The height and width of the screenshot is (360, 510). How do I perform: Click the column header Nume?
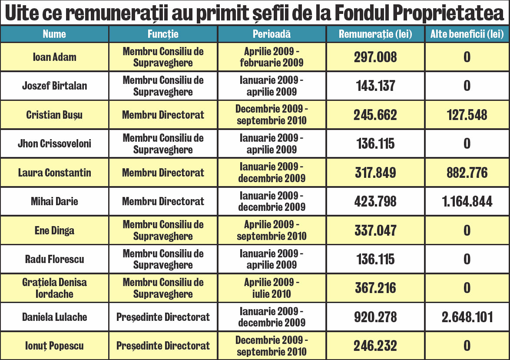pos(54,34)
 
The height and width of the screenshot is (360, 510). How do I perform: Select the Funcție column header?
pos(163,34)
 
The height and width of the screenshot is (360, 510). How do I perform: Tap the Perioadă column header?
pos(272,34)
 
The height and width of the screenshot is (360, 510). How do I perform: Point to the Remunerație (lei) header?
pos(375,34)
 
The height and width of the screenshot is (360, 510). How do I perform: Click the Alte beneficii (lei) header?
pos(467,34)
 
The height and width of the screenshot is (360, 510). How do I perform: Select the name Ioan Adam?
pos(54,57)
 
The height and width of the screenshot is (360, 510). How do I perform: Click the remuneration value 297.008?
pos(375,57)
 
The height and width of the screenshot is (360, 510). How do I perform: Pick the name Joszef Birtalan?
pos(54,86)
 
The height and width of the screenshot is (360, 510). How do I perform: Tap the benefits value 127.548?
pos(467,115)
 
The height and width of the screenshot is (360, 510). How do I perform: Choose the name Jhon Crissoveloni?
pos(54,143)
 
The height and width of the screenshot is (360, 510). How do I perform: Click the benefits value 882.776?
pos(467,173)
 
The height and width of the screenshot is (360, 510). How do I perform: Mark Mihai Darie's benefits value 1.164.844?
pos(467,201)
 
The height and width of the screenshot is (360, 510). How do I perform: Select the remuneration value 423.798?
pos(375,201)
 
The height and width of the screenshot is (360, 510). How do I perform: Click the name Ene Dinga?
pos(54,230)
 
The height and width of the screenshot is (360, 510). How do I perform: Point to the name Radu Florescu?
pos(54,259)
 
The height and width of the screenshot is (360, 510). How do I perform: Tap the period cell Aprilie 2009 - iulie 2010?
pos(272,288)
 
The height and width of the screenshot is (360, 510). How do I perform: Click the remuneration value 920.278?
pos(375,317)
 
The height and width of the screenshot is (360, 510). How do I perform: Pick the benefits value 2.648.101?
pos(467,317)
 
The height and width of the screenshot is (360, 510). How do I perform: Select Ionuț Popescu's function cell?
pos(163,346)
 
